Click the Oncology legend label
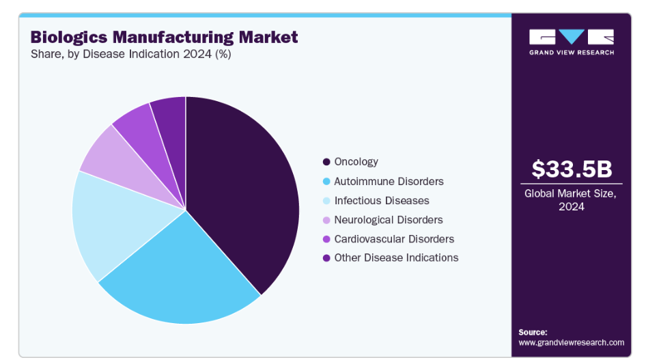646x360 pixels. (x=356, y=162)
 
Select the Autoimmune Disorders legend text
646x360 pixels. (x=389, y=181)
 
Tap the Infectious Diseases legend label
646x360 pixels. (x=381, y=200)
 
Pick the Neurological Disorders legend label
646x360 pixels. (x=388, y=219)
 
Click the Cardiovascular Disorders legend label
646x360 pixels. (x=394, y=238)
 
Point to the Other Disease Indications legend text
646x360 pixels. (x=396, y=258)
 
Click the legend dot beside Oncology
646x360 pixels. (x=326, y=162)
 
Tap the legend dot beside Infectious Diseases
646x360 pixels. (x=326, y=201)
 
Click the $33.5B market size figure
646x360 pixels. (x=571, y=169)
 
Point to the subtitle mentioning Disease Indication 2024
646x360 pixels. (x=130, y=55)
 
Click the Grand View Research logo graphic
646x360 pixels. (x=571, y=37)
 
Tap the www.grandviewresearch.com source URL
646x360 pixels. (x=571, y=342)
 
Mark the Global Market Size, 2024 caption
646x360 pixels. (x=571, y=199)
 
